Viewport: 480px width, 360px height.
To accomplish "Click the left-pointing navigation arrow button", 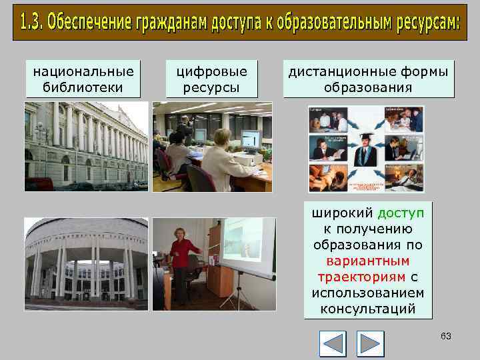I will point(333,344).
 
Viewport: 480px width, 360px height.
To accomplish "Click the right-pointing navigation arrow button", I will point(370,344).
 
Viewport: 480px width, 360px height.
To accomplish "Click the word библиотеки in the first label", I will point(83,87).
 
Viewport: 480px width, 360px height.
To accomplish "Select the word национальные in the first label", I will point(83,71).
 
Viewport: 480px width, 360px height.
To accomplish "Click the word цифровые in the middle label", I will point(211,71).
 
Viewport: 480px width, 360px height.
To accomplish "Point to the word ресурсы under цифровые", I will point(211,87).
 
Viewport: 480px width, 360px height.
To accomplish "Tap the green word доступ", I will point(400,213).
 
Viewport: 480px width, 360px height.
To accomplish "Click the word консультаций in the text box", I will point(368,309).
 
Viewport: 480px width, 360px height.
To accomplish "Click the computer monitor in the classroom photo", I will point(251,140).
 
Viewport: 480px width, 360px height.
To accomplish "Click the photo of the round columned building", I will point(87,264).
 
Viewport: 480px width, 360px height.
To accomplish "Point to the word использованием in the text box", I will point(368,293).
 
